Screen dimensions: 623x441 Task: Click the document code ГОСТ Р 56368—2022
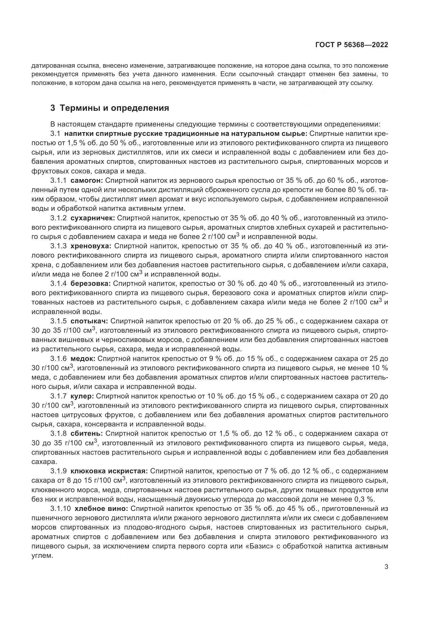tap(352, 45)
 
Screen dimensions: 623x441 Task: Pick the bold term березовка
tap(90, 284)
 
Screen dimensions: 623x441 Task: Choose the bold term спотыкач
tap(89, 321)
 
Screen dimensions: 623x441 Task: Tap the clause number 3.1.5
tap(58, 321)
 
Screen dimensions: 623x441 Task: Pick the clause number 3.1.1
tap(58, 180)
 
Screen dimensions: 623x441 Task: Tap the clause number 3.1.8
tap(58, 434)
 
